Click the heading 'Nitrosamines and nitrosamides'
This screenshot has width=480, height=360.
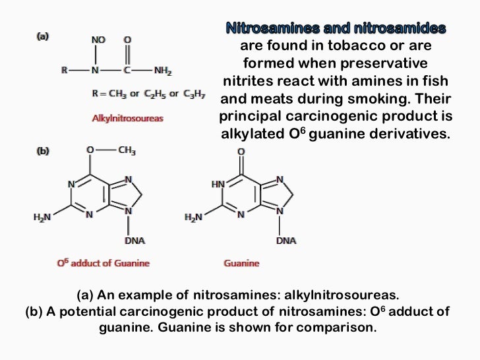click(336, 28)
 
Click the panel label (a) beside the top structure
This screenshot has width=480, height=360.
click(42, 38)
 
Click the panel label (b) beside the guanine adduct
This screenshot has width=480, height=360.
click(42, 151)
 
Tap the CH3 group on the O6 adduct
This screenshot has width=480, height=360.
click(127, 151)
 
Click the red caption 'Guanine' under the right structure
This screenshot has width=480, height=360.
click(242, 263)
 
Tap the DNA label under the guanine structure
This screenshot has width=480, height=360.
click(286, 241)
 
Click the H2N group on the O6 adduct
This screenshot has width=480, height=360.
click(42, 217)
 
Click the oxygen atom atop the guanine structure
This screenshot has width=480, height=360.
click(241, 152)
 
